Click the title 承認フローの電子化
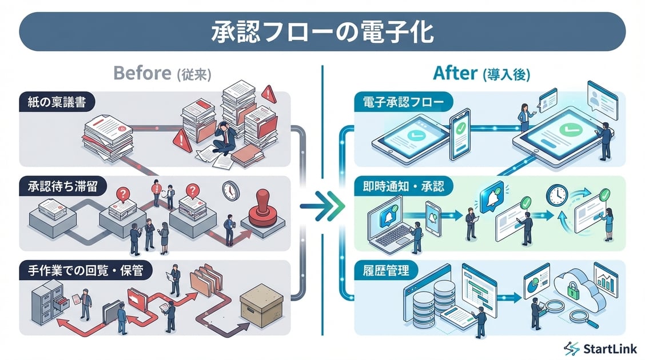322,31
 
